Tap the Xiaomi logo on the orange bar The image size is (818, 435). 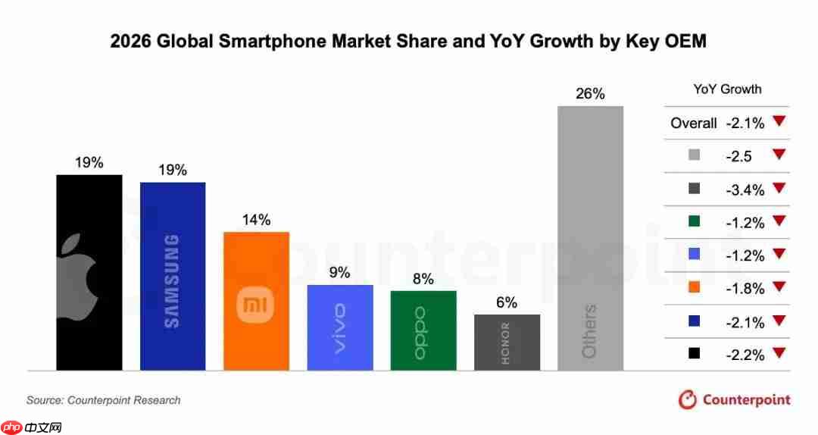coord(256,305)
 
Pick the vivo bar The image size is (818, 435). coord(340,327)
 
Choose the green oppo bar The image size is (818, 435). coord(423,330)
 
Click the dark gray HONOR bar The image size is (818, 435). coord(507,343)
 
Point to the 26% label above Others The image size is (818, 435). coord(590,94)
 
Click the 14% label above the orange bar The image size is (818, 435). coord(256,220)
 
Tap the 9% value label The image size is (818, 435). coord(340,273)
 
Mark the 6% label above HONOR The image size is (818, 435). coord(507,302)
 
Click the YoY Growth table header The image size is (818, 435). coord(727,89)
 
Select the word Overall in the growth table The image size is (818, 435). coord(693,123)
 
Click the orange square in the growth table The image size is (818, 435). coord(695,288)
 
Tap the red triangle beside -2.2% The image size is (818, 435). coord(779,352)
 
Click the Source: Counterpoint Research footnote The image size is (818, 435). coord(104,400)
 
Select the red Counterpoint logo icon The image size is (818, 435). coord(688,399)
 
